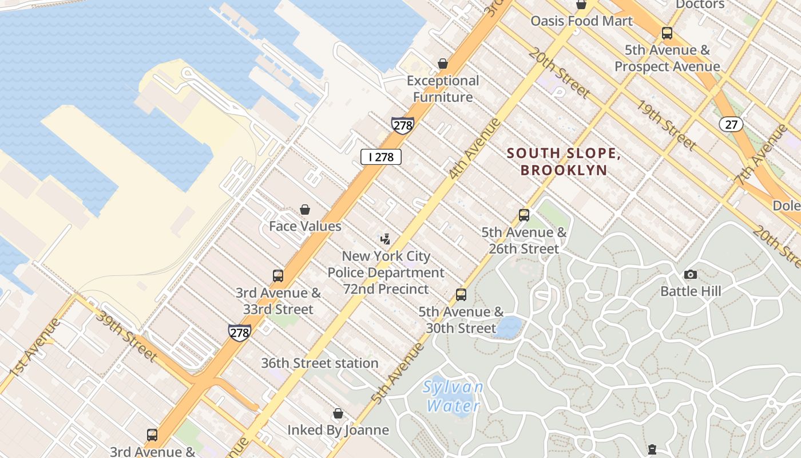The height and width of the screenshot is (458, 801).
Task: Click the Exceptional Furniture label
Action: coord(443,89)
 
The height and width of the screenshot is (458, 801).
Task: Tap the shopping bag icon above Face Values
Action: coord(305,210)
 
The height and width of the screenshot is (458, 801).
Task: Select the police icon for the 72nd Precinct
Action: coord(386,239)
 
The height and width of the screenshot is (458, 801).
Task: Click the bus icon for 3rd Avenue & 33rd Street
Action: coord(278,276)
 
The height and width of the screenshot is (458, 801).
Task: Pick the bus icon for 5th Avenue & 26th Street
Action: coord(524,215)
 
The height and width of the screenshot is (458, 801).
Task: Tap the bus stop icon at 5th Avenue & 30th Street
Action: coord(461,295)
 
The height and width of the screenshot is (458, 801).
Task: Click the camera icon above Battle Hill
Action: coord(691,274)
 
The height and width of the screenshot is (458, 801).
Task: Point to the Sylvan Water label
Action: coord(453,396)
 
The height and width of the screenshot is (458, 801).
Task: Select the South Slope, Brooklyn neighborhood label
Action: coord(564,161)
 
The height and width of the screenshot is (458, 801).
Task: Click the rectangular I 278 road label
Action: coord(380,157)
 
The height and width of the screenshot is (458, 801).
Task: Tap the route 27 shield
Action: coord(731,124)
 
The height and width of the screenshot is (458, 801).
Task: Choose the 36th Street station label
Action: coord(319,363)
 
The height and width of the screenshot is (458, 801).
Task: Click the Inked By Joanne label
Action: coord(338,429)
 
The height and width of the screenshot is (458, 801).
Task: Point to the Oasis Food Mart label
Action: coord(581,21)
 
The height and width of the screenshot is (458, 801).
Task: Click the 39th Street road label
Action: coord(126,338)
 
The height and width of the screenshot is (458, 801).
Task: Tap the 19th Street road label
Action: coord(667,125)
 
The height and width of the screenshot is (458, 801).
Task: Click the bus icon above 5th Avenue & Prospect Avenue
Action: coord(667,33)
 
